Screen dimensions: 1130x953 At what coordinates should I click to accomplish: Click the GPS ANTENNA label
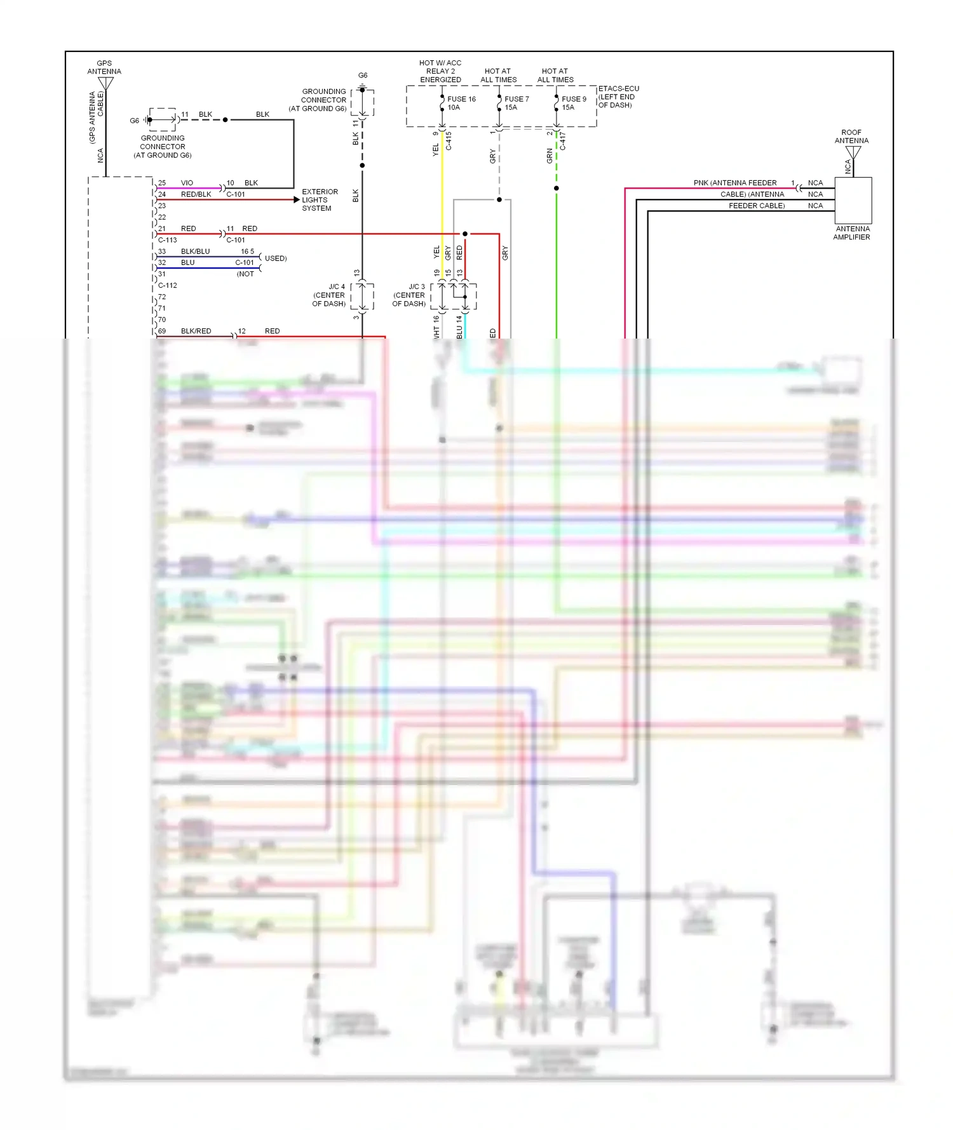point(104,67)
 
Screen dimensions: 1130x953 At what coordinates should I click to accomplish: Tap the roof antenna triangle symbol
point(853,153)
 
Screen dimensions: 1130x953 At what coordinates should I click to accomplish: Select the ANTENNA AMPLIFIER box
point(853,200)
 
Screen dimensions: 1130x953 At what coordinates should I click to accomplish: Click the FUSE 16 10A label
point(461,103)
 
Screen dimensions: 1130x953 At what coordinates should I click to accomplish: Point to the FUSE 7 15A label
point(516,103)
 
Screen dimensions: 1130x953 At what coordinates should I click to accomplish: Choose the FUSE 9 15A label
point(573,103)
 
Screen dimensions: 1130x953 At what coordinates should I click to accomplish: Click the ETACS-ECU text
point(618,89)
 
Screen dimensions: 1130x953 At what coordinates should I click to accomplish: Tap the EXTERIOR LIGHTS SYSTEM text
point(319,199)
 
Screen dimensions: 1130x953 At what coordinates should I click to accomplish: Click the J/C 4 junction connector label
point(329,295)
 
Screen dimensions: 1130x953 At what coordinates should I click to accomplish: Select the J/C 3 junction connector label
point(409,295)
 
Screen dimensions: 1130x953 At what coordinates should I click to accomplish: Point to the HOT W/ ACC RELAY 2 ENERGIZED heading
point(440,71)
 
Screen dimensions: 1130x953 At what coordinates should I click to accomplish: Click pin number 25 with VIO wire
point(162,183)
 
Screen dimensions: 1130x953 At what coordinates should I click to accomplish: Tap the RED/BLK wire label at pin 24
point(196,194)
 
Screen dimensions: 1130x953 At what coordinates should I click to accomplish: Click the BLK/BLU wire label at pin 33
point(195,252)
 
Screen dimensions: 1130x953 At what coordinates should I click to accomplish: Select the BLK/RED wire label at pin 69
point(196,331)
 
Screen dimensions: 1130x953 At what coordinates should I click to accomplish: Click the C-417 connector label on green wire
point(562,141)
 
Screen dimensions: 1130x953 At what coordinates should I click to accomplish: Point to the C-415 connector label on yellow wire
point(449,141)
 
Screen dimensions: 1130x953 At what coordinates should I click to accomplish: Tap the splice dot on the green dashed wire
point(557,188)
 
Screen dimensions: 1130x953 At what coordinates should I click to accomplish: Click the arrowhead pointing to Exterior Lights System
point(297,199)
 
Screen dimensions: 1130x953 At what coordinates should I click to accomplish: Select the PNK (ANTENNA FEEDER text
point(734,183)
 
